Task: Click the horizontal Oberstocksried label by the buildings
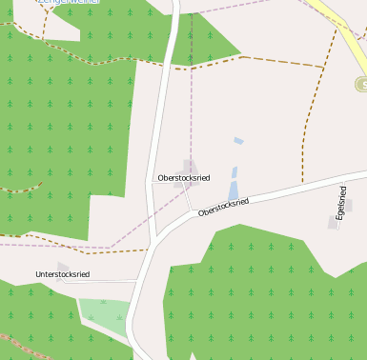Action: (x=184, y=178)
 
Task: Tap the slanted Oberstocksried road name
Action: (x=223, y=207)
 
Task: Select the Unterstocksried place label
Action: (x=62, y=274)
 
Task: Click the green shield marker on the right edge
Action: (x=361, y=85)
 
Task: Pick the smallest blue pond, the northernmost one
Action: (x=238, y=141)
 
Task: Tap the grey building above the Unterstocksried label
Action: (x=63, y=266)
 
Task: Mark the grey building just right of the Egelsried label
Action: (x=348, y=205)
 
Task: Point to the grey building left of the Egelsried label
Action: (x=333, y=222)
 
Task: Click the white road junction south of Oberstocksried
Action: (x=153, y=243)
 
